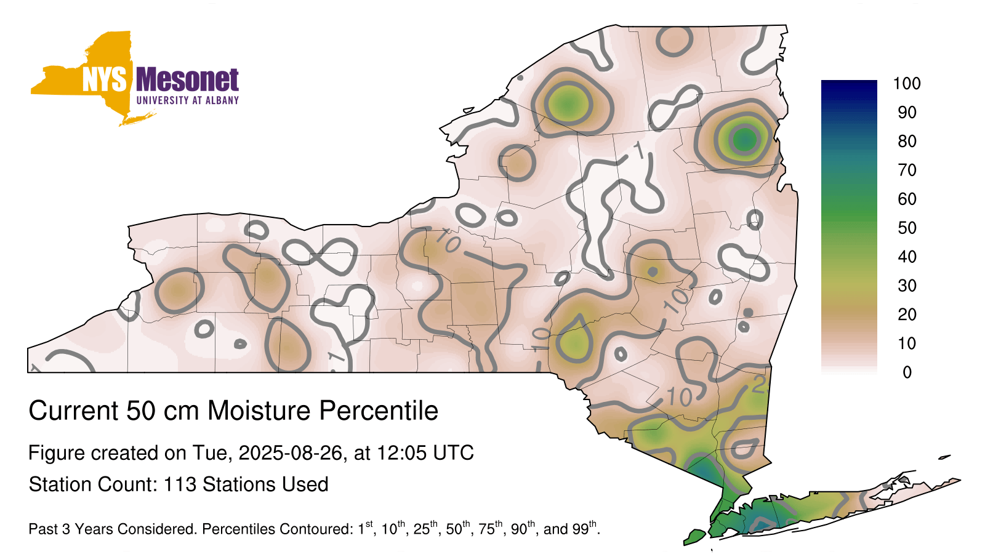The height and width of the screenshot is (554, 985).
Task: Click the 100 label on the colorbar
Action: coord(907,84)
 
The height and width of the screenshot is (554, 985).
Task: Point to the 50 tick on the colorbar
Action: coord(907,228)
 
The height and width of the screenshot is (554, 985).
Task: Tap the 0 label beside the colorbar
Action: coord(907,372)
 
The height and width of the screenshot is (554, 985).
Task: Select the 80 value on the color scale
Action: coord(907,141)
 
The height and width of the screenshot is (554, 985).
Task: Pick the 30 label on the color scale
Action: coord(907,286)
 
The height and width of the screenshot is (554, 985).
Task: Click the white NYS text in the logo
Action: coord(105,79)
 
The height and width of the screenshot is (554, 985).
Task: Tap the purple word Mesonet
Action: coord(188,79)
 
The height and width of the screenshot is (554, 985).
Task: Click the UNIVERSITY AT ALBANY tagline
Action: coord(188,100)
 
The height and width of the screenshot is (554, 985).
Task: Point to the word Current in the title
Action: coord(73,411)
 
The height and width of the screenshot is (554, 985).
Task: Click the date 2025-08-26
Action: coord(290,453)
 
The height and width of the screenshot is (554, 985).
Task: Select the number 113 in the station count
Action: coord(180,484)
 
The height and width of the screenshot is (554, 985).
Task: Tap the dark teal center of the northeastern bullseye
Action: coord(744,140)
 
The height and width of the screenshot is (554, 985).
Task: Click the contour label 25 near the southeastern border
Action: coord(760,385)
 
